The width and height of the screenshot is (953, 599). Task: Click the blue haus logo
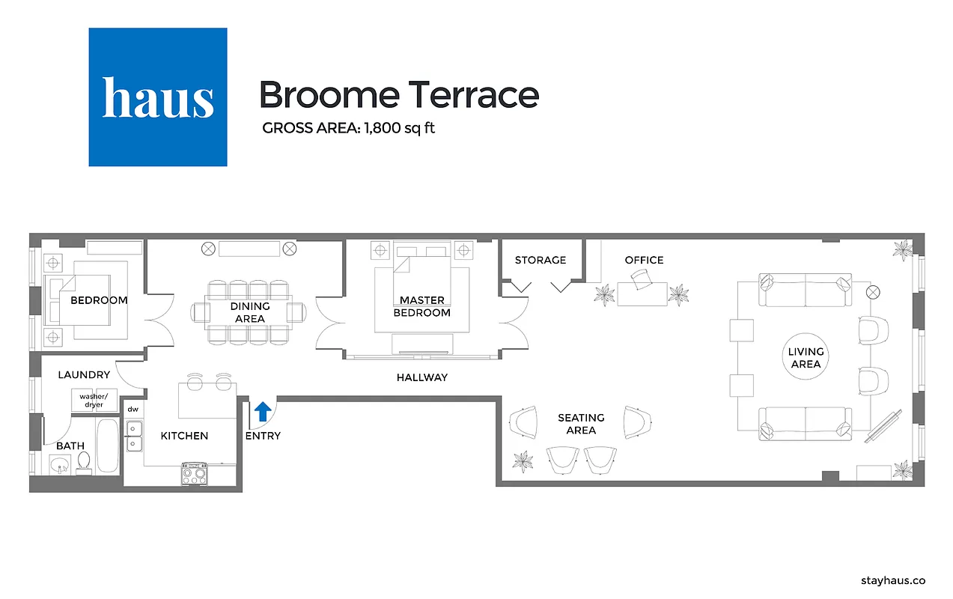[x=158, y=97]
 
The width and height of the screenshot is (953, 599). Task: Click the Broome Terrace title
[x=398, y=95]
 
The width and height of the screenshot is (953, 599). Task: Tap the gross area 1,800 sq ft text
[x=348, y=128]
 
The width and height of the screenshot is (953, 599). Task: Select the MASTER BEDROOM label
[x=422, y=306]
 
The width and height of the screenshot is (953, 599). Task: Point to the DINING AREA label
[x=250, y=312]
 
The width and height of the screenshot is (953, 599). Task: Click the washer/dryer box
[x=94, y=401]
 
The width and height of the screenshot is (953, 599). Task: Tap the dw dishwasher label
[x=133, y=410]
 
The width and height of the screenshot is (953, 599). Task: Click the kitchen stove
[x=195, y=475]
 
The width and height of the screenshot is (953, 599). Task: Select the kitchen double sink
[x=135, y=437]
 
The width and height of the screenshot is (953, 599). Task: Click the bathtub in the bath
[x=108, y=446]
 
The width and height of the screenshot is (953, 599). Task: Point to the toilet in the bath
[x=84, y=462]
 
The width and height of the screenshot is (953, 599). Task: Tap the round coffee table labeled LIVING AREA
[x=806, y=358]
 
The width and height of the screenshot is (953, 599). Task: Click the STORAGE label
[x=541, y=260]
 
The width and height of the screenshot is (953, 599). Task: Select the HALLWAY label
[x=422, y=377]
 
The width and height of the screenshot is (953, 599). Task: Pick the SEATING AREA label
[x=581, y=424]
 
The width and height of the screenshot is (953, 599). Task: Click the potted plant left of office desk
[x=604, y=295]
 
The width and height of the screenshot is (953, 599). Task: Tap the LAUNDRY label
[x=84, y=374]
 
